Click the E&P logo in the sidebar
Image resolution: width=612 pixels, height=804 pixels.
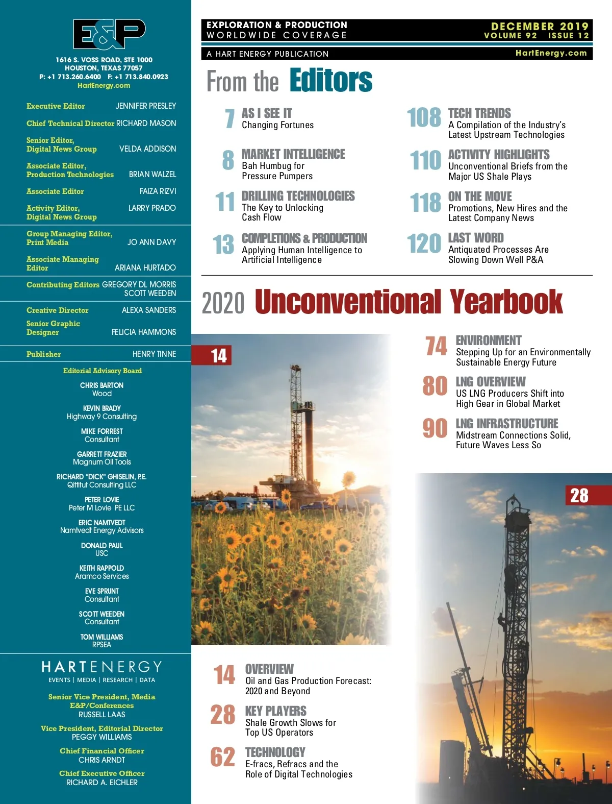click(x=109, y=34)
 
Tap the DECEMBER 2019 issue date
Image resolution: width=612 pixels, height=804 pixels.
click(x=539, y=26)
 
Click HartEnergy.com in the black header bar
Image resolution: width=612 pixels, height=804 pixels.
click(x=551, y=53)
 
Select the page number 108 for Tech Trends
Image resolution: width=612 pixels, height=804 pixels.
click(x=424, y=117)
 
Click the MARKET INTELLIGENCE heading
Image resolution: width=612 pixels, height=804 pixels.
click(x=293, y=154)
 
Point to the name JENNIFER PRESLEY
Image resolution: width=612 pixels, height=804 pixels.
click(x=146, y=106)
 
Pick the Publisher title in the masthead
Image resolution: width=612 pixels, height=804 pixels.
click(x=44, y=354)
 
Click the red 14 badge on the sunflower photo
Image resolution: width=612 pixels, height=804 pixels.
click(x=219, y=356)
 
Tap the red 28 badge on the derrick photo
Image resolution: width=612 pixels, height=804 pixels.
click(x=579, y=496)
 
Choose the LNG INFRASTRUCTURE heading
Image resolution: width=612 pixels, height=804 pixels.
click(x=507, y=424)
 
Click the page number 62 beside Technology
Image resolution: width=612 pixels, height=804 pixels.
click(x=223, y=757)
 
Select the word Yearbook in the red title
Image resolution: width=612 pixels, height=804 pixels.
click(x=506, y=302)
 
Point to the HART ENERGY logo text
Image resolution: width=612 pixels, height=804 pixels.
click(x=102, y=667)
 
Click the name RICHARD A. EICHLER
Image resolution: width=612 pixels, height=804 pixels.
click(x=102, y=783)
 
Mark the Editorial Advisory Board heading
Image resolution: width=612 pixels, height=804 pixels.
click(x=103, y=371)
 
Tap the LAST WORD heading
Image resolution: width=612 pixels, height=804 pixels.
click(x=476, y=238)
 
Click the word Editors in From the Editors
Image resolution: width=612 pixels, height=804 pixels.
click(x=331, y=81)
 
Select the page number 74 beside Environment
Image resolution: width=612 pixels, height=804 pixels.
click(x=437, y=346)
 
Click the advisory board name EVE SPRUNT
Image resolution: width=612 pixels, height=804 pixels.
click(x=102, y=591)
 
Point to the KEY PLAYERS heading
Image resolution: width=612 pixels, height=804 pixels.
click(x=276, y=711)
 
